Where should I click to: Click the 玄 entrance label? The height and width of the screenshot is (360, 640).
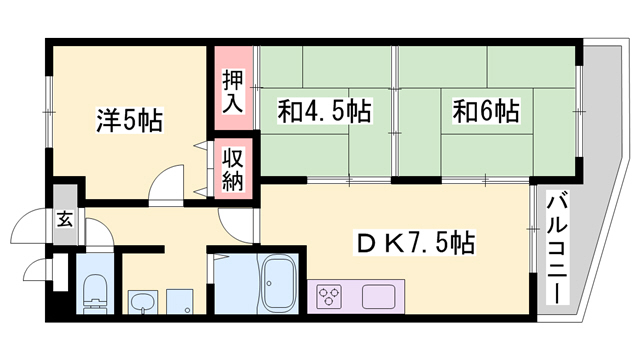[64, 220]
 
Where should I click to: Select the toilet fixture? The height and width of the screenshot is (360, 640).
[93, 291]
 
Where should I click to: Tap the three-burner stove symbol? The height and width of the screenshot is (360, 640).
[330, 297]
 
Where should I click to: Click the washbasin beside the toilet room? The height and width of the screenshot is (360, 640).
[142, 301]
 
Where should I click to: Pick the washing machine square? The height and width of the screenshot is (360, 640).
[178, 301]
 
